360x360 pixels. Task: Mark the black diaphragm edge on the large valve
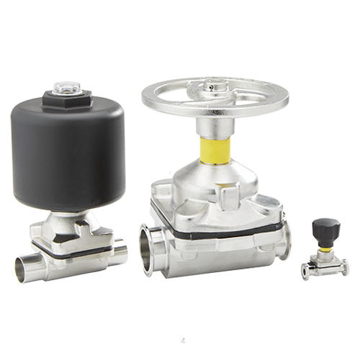(216, 224)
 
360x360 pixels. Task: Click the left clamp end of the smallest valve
(305, 270)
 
